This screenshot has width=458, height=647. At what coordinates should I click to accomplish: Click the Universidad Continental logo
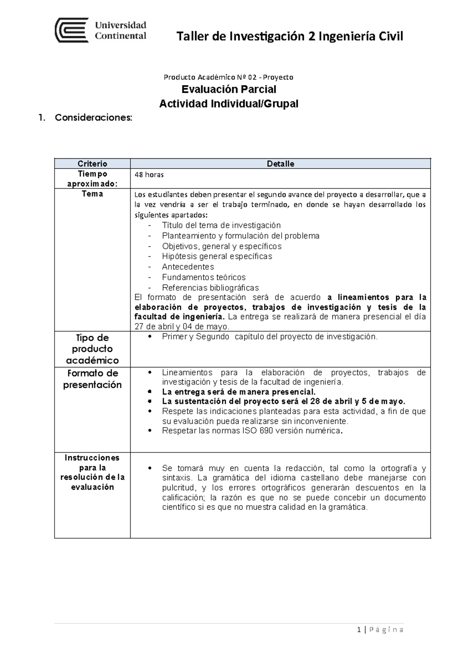(101, 30)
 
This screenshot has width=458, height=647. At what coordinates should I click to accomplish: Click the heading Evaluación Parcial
(229, 89)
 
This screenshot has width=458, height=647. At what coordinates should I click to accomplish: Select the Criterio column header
(92, 164)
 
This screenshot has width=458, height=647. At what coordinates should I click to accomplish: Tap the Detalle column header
(280, 164)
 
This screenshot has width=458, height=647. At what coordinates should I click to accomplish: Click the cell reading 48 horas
(149, 175)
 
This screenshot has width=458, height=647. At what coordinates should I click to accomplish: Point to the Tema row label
(92, 194)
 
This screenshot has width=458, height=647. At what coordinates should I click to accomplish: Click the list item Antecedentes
(188, 267)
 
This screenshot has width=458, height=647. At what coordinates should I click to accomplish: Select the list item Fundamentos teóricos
(203, 277)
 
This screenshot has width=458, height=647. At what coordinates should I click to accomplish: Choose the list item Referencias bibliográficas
(210, 288)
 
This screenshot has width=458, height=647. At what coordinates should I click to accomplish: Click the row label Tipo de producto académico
(92, 349)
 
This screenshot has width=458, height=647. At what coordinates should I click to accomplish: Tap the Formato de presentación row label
(92, 379)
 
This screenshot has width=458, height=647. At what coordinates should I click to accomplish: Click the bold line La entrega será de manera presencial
(239, 392)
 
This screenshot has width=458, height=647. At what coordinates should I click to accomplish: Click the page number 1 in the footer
(359, 629)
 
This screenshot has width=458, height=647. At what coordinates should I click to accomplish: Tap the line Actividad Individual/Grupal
(229, 103)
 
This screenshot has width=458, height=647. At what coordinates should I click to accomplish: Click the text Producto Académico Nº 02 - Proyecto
(229, 77)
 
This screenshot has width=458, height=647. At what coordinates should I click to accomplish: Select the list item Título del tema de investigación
(221, 225)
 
